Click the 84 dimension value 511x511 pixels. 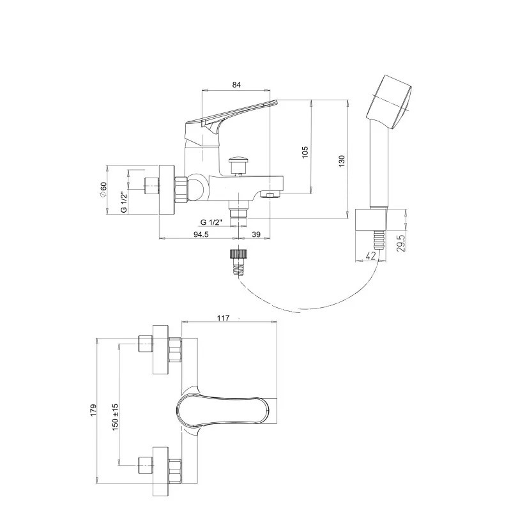pyautogui.click(x=236, y=85)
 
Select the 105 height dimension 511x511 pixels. pyautogui.click(x=305, y=152)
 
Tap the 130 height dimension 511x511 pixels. pyautogui.click(x=342, y=162)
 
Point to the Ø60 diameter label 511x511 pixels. pyautogui.click(x=103, y=189)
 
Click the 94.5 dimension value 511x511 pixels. pyautogui.click(x=201, y=234)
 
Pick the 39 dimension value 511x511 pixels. pyautogui.click(x=257, y=234)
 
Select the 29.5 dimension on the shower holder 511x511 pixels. pyautogui.click(x=401, y=243)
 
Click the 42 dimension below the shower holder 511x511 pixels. pyautogui.click(x=370, y=256)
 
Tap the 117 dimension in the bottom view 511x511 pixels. pyautogui.click(x=223, y=317)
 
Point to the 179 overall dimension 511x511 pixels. pyautogui.click(x=94, y=410)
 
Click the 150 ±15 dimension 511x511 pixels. pyautogui.click(x=115, y=417)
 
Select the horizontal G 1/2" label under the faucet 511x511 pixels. pyautogui.click(x=211, y=222)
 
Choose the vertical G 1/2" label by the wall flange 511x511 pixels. pyautogui.click(x=124, y=202)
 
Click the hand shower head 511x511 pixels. pyautogui.click(x=390, y=102)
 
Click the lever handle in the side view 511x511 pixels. pyautogui.click(x=228, y=121)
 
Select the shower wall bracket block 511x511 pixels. pyautogui.click(x=371, y=219)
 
